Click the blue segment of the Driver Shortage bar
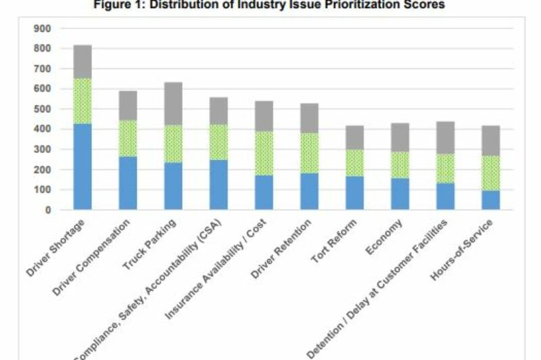(83, 166)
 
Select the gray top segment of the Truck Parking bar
(174, 104)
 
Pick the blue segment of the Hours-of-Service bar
(490, 200)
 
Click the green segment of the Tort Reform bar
(355, 162)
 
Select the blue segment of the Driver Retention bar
(310, 192)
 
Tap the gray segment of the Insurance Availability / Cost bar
(264, 116)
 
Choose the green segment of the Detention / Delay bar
(445, 168)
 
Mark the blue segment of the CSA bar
(218, 185)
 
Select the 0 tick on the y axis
(47, 210)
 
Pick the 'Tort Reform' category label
(344, 237)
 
